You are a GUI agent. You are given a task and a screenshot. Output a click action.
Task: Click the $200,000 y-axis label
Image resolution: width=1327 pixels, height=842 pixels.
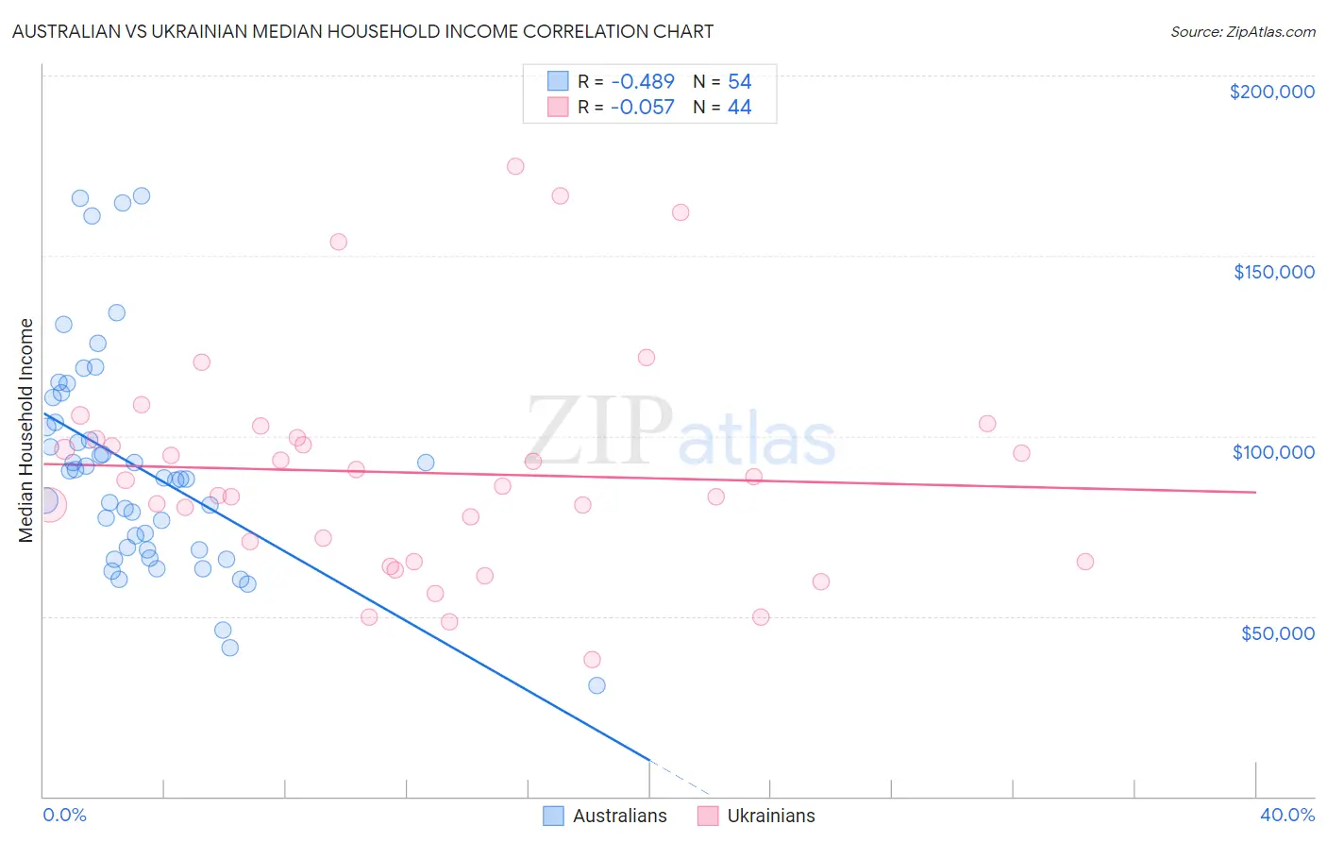point(1271,92)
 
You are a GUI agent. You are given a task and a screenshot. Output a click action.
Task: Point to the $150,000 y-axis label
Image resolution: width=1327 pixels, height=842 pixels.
point(1273,272)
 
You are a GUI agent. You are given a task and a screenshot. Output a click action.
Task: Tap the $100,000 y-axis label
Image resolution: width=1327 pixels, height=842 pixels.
point(1273,452)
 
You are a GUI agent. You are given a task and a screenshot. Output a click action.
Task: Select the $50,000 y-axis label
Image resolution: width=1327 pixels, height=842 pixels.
point(1277,633)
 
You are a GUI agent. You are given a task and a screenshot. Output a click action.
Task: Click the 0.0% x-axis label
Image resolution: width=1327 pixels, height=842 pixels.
point(64,815)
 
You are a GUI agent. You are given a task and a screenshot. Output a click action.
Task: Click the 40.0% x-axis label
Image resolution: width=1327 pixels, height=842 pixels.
point(1286,815)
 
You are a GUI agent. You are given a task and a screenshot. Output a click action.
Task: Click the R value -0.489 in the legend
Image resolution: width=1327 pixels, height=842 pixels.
point(642,82)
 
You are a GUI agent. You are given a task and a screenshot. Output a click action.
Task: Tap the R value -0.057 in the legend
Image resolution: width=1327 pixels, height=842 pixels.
point(642,108)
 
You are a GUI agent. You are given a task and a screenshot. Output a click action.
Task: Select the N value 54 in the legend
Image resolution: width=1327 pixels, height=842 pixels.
point(739,82)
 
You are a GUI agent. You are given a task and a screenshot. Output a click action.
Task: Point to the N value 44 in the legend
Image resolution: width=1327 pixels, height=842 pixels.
point(739,108)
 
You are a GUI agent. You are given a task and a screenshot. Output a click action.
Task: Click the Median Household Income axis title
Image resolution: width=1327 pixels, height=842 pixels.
point(26,430)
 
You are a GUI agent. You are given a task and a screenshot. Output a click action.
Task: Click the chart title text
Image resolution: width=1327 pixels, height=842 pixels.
point(362,31)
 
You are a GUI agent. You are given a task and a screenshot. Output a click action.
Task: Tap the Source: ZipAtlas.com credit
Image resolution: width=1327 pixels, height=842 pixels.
point(1242,32)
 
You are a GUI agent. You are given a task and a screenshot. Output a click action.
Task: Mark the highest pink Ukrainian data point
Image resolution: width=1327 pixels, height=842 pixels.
point(515,166)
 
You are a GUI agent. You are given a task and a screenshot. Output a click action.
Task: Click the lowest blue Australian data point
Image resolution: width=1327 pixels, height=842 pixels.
point(596,685)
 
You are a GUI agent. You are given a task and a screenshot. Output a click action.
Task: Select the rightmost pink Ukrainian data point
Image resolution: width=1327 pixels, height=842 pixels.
point(1084,562)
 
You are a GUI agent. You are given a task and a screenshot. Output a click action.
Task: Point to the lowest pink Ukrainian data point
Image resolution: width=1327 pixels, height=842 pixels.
point(592,660)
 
